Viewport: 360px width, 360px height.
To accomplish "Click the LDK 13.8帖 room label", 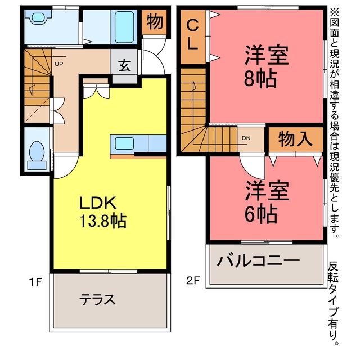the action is click(x=103, y=212).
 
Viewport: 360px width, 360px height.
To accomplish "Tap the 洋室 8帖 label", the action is click(x=266, y=66).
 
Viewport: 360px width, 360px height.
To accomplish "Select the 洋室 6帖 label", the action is click(x=267, y=202).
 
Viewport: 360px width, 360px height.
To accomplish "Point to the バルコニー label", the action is click(x=259, y=260).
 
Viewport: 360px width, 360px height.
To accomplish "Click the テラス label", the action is click(x=97, y=299).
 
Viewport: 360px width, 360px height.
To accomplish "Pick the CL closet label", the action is click(x=192, y=34).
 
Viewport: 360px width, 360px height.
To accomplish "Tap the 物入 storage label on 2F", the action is click(x=296, y=139).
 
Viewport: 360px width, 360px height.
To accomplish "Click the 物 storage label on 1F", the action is click(x=155, y=22).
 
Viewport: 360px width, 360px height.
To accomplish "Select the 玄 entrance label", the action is click(x=124, y=65).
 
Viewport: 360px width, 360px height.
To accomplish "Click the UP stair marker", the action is click(x=58, y=64).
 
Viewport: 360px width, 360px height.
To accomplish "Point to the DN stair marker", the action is click(x=246, y=138).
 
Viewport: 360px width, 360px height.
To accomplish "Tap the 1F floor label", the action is click(x=35, y=282).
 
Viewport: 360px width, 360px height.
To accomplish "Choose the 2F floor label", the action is click(x=193, y=280).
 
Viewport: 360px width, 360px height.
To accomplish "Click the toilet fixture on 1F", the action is click(x=37, y=155).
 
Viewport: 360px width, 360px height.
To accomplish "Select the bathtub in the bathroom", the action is click(x=124, y=28).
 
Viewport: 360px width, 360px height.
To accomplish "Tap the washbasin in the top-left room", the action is click(x=38, y=17).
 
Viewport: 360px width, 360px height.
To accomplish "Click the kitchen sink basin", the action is click(x=124, y=143).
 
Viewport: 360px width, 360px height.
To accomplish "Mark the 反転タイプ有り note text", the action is click(x=333, y=304).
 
